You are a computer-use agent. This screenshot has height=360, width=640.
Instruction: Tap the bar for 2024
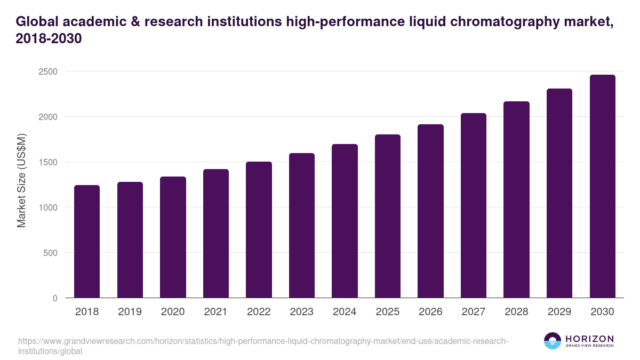click(x=345, y=221)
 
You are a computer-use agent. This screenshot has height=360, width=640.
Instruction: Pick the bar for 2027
click(x=474, y=205)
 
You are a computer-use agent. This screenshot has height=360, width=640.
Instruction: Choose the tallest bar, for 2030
click(x=602, y=186)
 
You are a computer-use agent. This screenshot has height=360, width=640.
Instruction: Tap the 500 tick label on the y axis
click(x=51, y=253)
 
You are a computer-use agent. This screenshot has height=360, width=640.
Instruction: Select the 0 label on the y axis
click(x=55, y=298)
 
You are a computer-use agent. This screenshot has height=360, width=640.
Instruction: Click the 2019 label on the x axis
click(x=130, y=312)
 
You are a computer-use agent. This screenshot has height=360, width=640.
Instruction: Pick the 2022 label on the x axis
click(x=259, y=312)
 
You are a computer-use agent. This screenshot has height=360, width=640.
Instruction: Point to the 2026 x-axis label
click(x=430, y=312)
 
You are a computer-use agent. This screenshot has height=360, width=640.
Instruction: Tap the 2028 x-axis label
click(x=516, y=312)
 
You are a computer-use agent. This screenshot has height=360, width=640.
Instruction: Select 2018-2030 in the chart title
click(x=49, y=39)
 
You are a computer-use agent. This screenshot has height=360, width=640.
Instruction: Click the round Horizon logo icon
click(x=553, y=341)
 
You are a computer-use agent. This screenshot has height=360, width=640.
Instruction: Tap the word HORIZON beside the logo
click(x=589, y=339)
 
